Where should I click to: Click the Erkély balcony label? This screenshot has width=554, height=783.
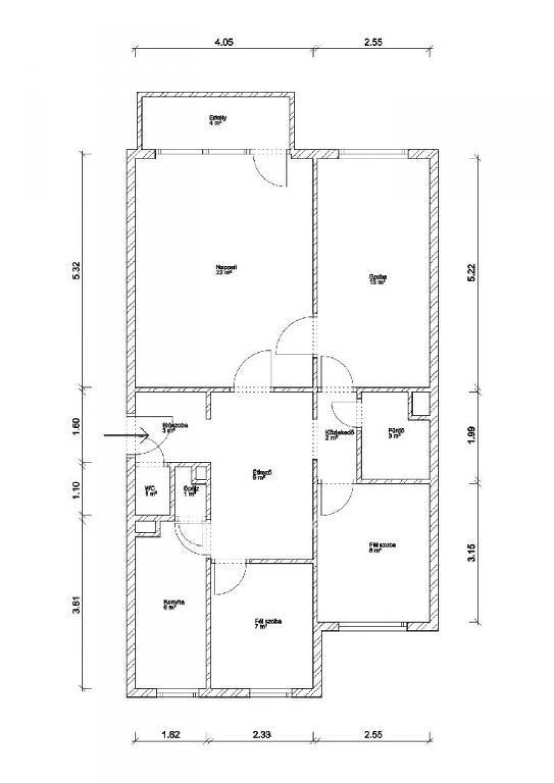click(217, 120)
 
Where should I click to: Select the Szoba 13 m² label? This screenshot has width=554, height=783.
click(378, 279)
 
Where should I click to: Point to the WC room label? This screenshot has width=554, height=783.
click(150, 490)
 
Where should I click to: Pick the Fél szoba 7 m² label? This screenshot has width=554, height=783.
click(268, 624)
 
